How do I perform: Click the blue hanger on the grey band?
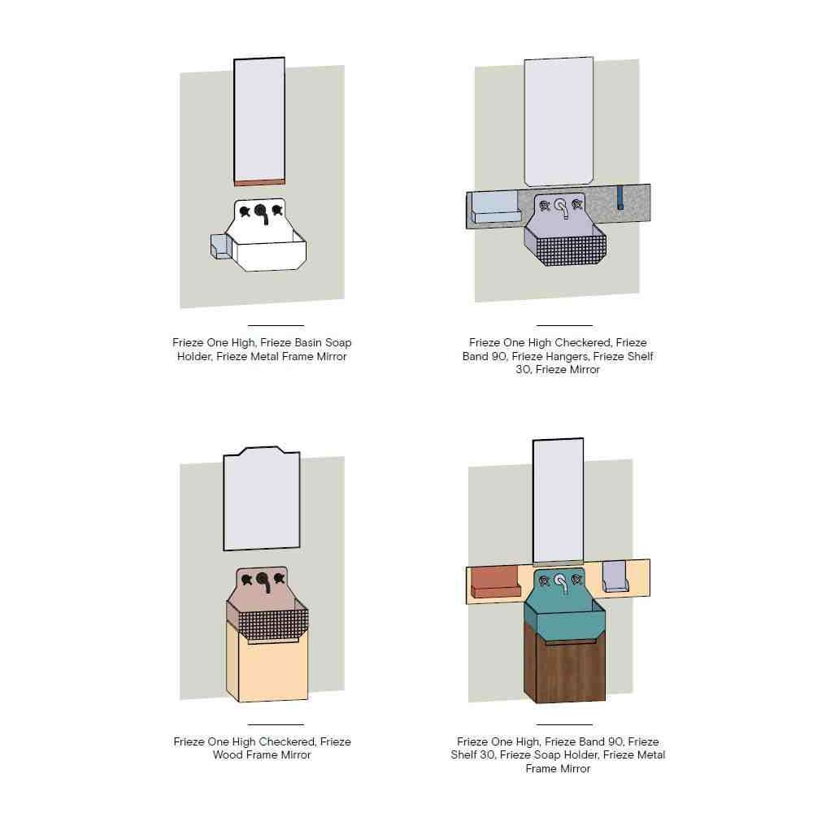[x=620, y=198]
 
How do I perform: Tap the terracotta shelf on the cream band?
[x=494, y=582]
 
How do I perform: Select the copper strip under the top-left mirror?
[x=259, y=182]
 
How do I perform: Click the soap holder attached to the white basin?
[x=221, y=246]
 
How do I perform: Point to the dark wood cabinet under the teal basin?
[x=565, y=663]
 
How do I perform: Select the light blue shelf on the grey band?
[x=496, y=208]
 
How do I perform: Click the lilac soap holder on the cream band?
[x=615, y=576]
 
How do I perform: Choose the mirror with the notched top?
[x=262, y=498]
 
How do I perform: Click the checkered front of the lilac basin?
[x=571, y=249]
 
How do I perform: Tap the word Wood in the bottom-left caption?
[x=228, y=755]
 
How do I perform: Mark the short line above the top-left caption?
[x=276, y=326]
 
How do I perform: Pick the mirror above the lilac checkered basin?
[x=559, y=121]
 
